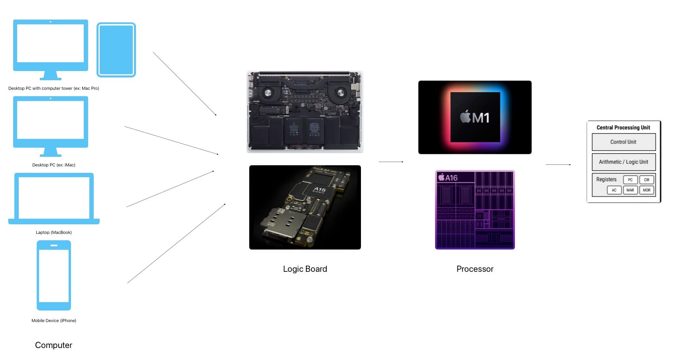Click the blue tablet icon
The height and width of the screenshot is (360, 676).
(x=116, y=50)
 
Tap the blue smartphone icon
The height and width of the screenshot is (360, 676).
(x=54, y=275)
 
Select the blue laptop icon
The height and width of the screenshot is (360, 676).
(x=54, y=198)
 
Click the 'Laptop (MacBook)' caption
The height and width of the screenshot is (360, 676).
(x=54, y=232)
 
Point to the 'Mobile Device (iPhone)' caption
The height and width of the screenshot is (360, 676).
(x=54, y=320)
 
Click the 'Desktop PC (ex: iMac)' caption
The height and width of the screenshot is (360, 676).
(x=54, y=165)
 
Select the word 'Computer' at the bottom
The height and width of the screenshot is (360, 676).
(x=53, y=345)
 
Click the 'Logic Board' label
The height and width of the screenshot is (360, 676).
(x=305, y=269)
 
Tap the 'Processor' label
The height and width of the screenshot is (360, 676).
(x=475, y=269)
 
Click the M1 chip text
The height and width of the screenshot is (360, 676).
(x=475, y=117)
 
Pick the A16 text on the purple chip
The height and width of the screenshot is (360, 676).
(x=448, y=178)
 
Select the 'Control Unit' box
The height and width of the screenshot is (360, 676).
(x=623, y=142)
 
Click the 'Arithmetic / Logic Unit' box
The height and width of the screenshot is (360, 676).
(x=623, y=162)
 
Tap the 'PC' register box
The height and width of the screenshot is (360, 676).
(x=630, y=180)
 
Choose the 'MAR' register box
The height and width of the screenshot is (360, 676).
(x=630, y=190)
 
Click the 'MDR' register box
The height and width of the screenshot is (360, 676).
(x=646, y=190)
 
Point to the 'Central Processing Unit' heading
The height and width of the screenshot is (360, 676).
(x=623, y=128)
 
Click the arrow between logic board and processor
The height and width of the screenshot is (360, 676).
(x=391, y=162)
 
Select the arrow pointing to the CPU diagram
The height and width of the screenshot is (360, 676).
(x=558, y=164)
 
